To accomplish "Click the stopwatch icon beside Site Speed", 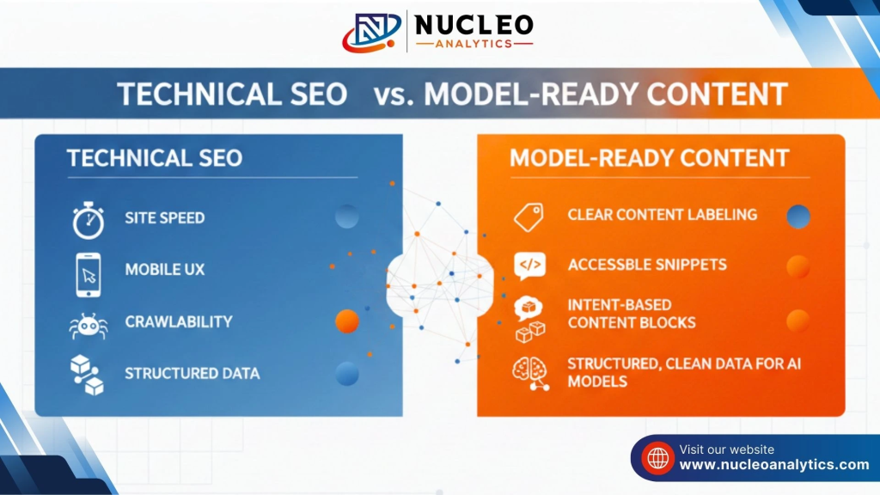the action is click(x=89, y=221).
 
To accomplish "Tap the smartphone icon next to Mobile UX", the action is click(x=89, y=274).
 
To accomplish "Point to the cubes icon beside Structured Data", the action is click(x=87, y=375).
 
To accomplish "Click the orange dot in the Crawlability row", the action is click(x=347, y=321).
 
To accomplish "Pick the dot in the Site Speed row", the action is click(x=347, y=217).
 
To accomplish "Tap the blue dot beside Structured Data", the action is click(x=347, y=374).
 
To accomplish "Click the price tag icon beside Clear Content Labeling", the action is click(x=529, y=217).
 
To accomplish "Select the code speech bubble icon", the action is click(x=529, y=266).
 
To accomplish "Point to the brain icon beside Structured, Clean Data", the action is click(x=530, y=373).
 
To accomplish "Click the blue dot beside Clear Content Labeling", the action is click(x=798, y=217).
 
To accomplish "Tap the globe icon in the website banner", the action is click(x=657, y=458).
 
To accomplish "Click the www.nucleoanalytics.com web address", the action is click(x=774, y=465).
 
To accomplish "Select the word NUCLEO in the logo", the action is click(x=474, y=25).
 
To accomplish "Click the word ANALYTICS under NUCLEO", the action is click(x=474, y=44).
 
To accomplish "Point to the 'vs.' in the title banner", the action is click(x=394, y=95).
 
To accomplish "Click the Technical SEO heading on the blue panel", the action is click(x=155, y=158).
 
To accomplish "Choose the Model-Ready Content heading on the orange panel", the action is click(x=650, y=158).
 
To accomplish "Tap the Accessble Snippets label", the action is click(x=647, y=265).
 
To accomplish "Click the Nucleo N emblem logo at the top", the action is click(x=371, y=32).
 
